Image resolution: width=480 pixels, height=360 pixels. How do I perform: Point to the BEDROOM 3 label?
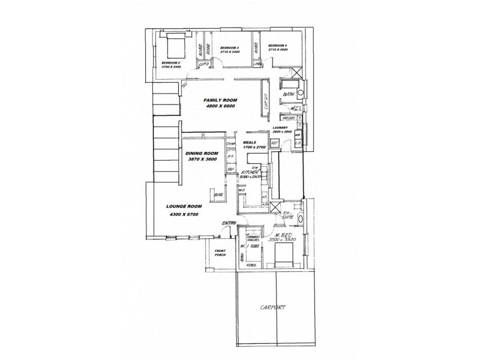(x=230, y=47)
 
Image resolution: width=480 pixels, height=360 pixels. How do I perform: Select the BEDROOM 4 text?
(x=278, y=46)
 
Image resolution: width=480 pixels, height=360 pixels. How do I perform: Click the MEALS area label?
(x=250, y=142)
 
